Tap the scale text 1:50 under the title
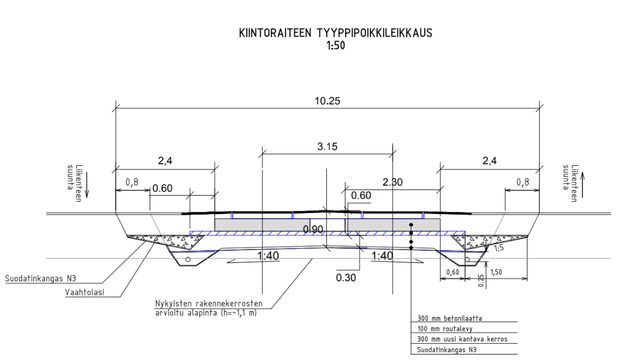coord(336,45)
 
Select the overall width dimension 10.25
coord(327,101)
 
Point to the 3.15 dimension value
coord(327,147)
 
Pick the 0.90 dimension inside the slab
coord(314,230)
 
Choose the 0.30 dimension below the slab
coord(346,277)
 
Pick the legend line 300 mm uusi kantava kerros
coord(454,339)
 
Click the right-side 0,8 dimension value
coord(522,181)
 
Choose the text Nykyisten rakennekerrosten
coord(209,304)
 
